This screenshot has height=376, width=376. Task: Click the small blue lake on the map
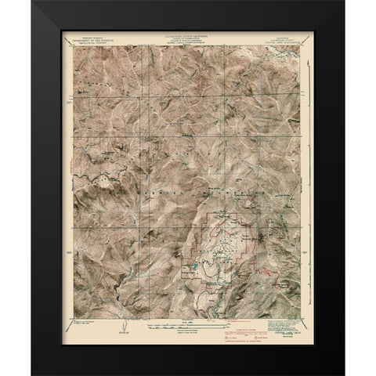(x=191, y=274)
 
